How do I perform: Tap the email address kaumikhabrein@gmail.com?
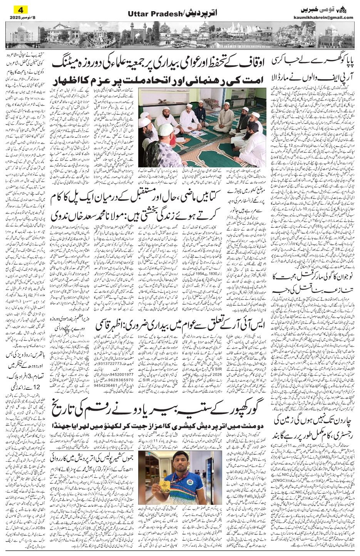[x=328, y=17]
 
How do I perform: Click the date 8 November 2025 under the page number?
[x=20, y=17]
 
